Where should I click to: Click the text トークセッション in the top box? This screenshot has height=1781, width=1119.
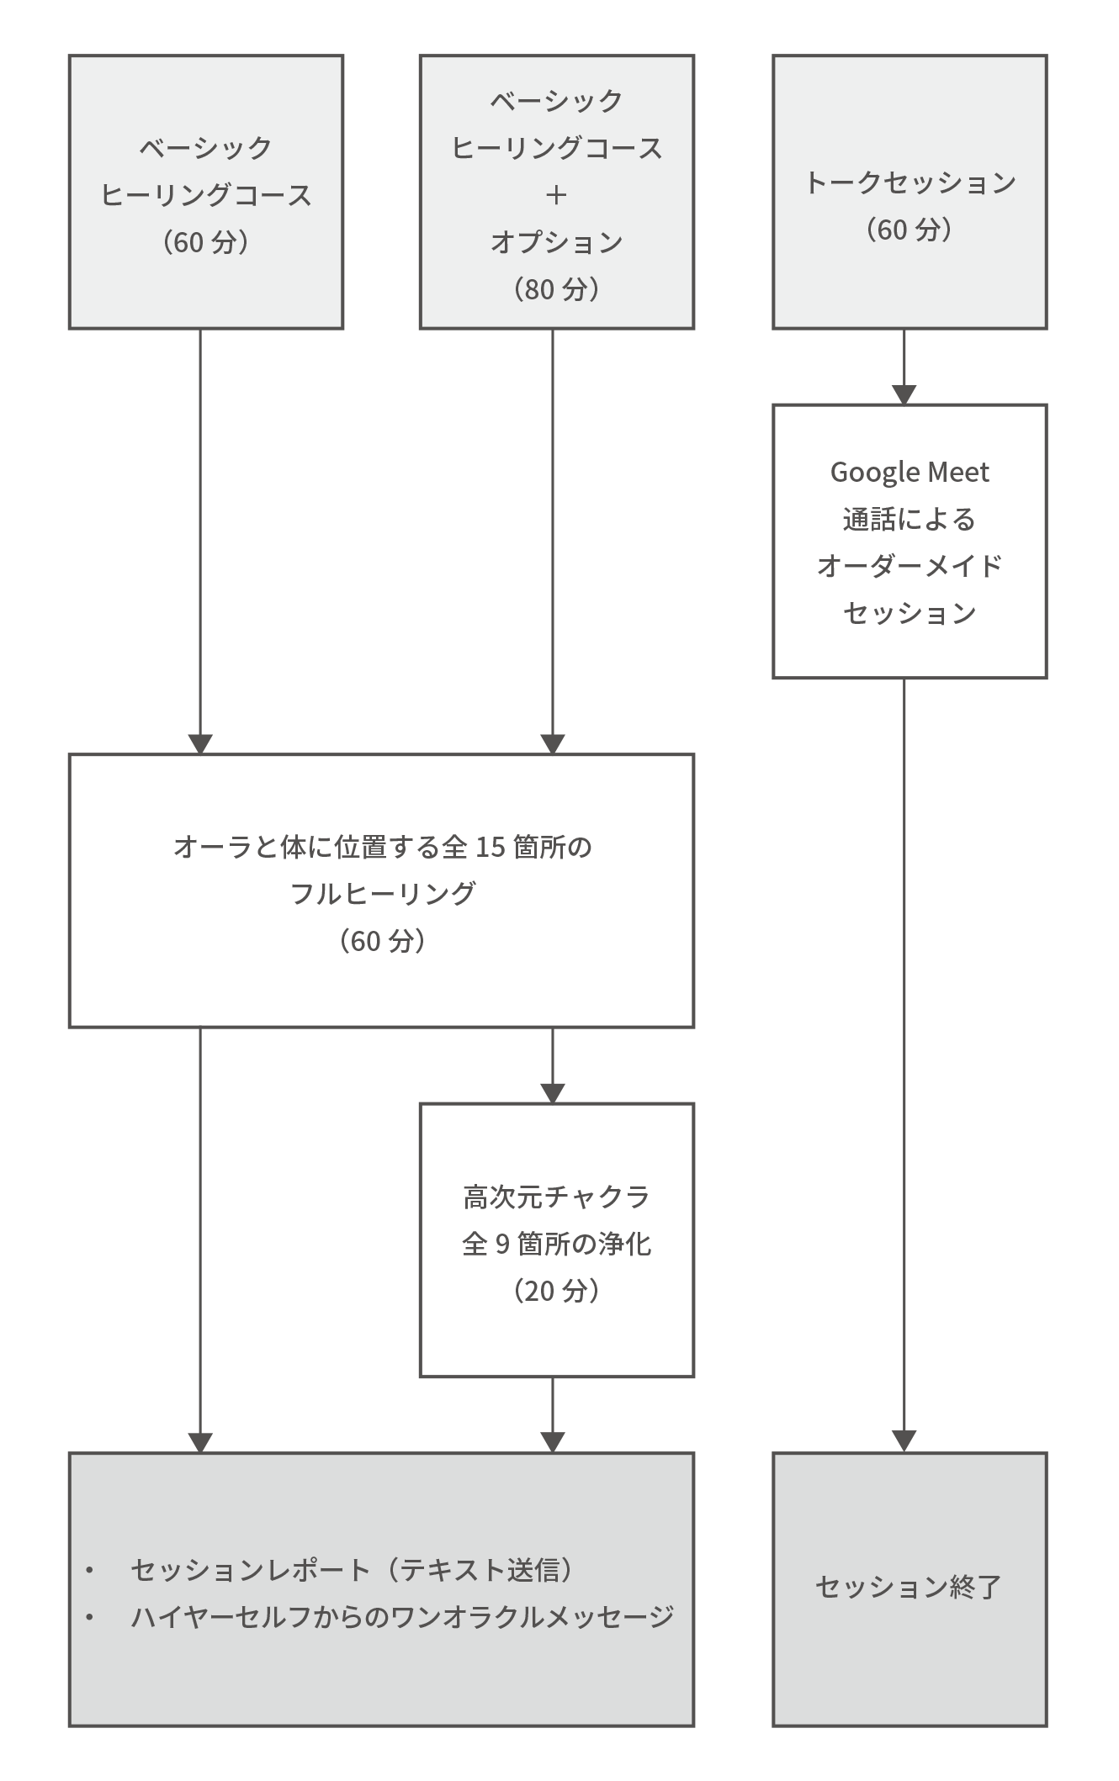[x=910, y=182]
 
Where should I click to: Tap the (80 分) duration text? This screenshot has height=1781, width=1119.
[x=556, y=289]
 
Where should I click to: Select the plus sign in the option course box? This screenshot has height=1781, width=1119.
[x=556, y=195]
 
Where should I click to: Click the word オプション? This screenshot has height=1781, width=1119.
[x=556, y=242]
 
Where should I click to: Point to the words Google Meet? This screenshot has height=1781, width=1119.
[x=910, y=473]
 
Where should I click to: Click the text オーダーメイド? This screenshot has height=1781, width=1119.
[x=910, y=566]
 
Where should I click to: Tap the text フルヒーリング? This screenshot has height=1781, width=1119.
[x=383, y=893]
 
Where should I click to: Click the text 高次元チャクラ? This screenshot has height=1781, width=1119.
[x=556, y=1197]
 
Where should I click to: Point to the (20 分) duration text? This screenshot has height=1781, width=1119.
[x=556, y=1291]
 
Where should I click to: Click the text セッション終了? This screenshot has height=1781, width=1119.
[x=910, y=1587]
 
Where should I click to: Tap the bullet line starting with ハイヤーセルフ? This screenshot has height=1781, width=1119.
[x=402, y=1616]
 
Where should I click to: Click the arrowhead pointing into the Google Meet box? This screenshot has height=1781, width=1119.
[x=904, y=395]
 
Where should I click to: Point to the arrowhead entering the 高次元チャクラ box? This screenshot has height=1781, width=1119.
[x=553, y=1093]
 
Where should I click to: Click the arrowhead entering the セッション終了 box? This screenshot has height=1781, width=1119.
[x=904, y=1442]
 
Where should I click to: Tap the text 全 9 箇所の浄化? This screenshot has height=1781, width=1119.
[x=556, y=1244]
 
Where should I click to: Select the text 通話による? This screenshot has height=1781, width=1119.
[x=910, y=520]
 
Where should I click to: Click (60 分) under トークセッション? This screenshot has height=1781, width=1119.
[x=910, y=230]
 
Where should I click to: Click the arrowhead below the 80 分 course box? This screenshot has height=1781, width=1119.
[x=553, y=744]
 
